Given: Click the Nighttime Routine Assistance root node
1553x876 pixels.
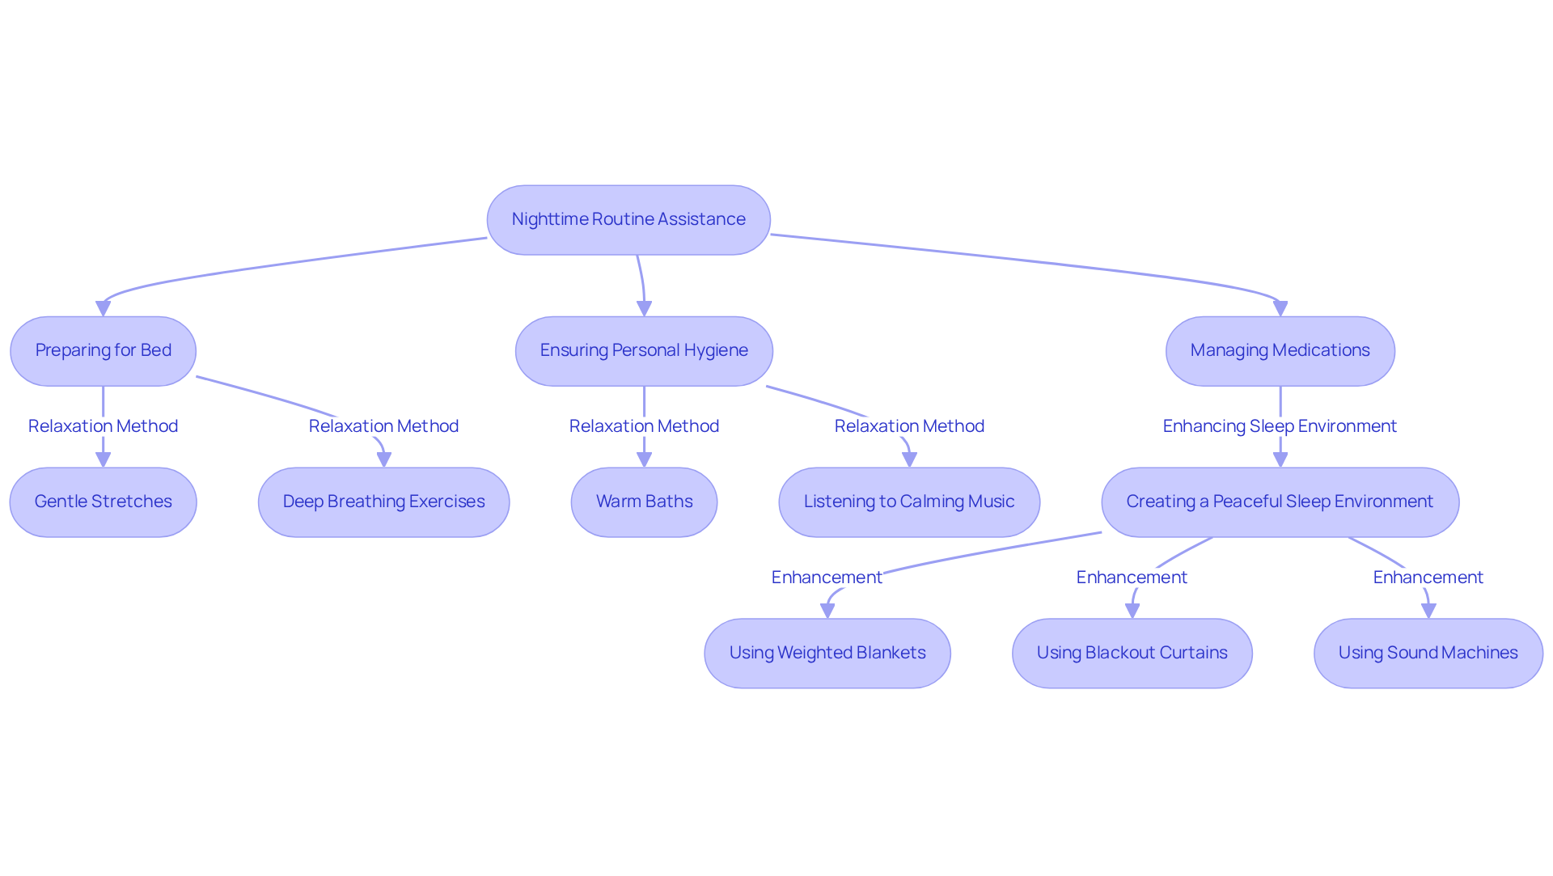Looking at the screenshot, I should [x=628, y=220].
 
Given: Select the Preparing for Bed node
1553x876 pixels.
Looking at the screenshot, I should [x=103, y=351].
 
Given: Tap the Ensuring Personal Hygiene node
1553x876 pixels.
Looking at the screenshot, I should [x=644, y=351].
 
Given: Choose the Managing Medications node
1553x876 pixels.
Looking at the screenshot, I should [x=1280, y=351].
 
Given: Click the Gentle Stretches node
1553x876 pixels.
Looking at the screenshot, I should [x=103, y=502].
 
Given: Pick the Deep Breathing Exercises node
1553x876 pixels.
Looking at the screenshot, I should [x=383, y=502].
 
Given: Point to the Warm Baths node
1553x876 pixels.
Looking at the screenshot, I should [x=644, y=502].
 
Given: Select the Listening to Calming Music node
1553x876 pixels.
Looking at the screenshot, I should [x=909, y=502].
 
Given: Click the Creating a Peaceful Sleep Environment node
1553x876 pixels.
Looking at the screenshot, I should [x=1280, y=502].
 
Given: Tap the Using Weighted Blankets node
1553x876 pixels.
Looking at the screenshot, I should [x=827, y=654].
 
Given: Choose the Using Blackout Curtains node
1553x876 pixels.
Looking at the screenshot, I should [x=1132, y=654].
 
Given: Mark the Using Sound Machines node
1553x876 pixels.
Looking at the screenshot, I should [x=1428, y=654].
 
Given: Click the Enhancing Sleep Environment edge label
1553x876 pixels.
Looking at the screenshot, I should [x=1280, y=426].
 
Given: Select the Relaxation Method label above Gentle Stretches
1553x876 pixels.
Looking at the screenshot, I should [x=103, y=426].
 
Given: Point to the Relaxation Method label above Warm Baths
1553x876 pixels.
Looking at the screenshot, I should [x=644, y=426].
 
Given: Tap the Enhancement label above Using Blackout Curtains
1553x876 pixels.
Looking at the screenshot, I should [x=1132, y=578].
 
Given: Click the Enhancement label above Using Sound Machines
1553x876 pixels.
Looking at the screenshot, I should [x=1428, y=578].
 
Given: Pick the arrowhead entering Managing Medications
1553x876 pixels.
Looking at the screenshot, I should [x=1280, y=308].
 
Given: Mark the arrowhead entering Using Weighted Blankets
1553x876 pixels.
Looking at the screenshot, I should [x=827, y=611].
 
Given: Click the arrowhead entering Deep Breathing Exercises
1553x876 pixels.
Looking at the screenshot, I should [x=384, y=459].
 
